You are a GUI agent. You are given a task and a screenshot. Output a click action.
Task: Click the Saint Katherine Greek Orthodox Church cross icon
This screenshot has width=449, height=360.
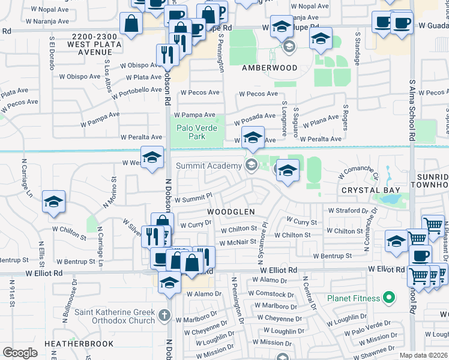[165, 314]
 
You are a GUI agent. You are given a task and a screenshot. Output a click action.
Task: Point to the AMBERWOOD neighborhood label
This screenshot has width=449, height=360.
[270, 68]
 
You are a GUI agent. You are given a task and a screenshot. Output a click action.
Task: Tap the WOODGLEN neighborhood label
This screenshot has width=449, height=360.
[231, 212]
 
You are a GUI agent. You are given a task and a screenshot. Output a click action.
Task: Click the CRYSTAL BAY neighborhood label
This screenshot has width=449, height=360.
[370, 190]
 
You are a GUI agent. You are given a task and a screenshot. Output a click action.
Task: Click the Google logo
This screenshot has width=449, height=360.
[20, 352]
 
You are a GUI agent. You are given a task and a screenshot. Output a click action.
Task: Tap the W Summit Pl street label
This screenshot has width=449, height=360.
[193, 197]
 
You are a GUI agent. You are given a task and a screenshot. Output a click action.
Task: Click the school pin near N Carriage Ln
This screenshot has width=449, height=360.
[54, 202]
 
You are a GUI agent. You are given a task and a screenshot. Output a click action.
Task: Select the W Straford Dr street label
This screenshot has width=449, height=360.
[348, 211]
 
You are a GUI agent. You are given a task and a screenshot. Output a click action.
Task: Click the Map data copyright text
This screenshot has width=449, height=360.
[423, 355]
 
